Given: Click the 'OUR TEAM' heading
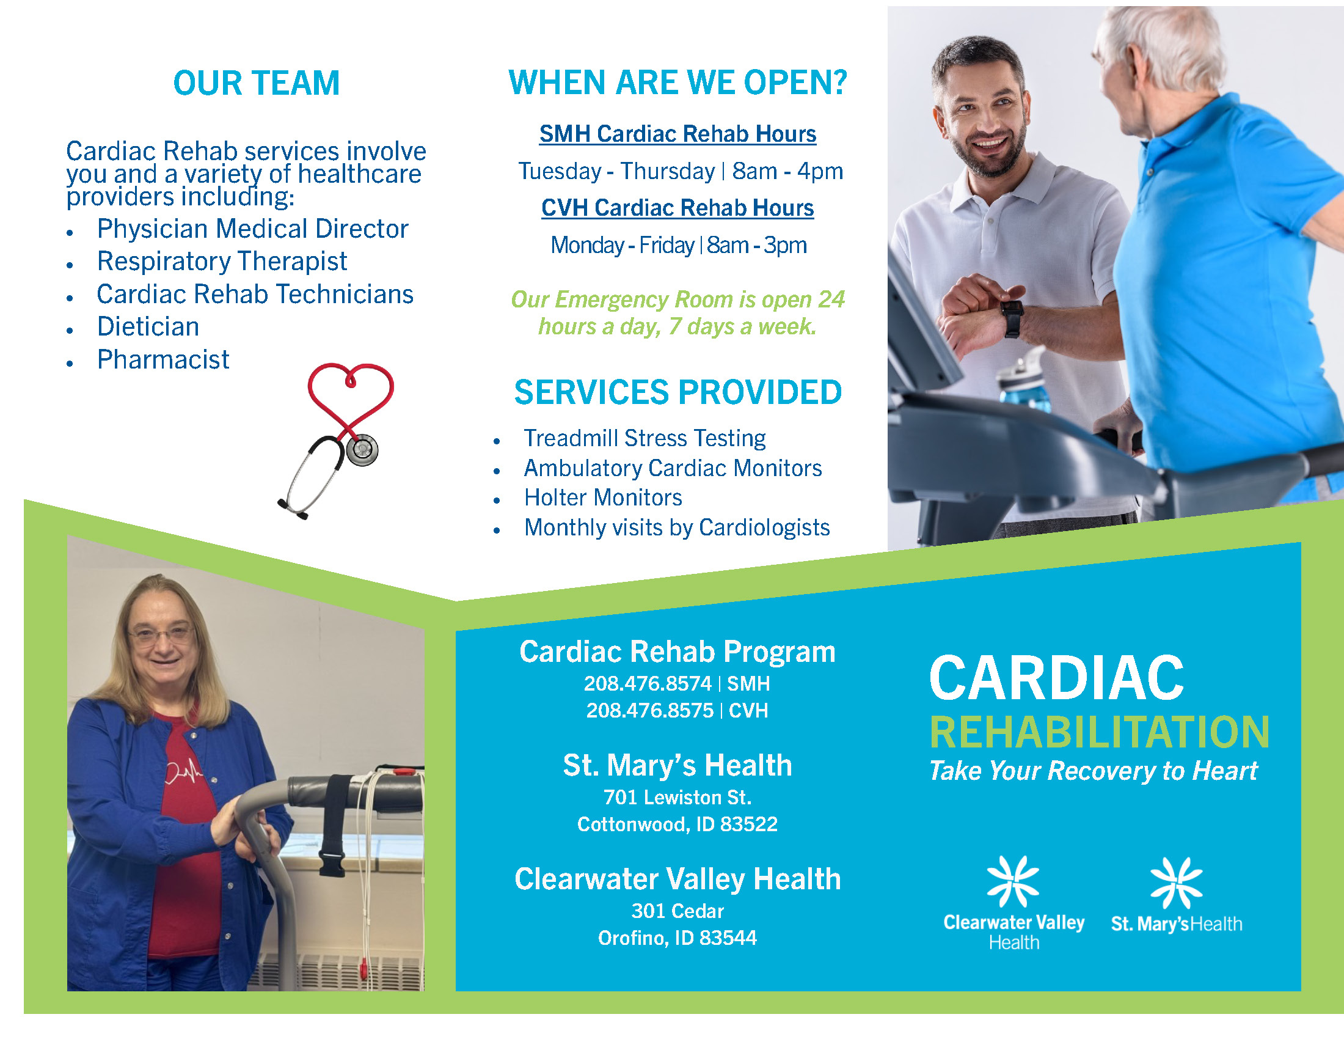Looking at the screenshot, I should tap(256, 83).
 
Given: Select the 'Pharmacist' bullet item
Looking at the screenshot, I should tap(163, 359).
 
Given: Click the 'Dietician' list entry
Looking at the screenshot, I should tap(148, 327).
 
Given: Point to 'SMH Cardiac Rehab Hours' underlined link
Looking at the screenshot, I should tap(677, 134).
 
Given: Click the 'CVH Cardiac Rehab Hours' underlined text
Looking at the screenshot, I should tap(677, 208).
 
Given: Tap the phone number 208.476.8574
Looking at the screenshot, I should tap(648, 684).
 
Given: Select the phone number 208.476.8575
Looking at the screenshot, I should tap(649, 711).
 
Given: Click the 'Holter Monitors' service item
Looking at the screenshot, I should tap(603, 497).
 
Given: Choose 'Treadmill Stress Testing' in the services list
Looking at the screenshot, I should tap(645, 438).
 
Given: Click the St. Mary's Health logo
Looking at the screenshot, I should tap(1176, 895).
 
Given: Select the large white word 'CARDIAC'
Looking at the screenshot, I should tap(1056, 678).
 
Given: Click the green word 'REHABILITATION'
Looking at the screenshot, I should tap(1099, 732).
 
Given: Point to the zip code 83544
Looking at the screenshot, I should tap(728, 938).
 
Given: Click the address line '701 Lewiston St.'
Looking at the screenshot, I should tap(677, 798).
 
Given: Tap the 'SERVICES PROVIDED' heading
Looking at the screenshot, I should tap(677, 393).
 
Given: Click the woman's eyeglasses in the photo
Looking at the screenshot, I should tap(161, 635).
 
